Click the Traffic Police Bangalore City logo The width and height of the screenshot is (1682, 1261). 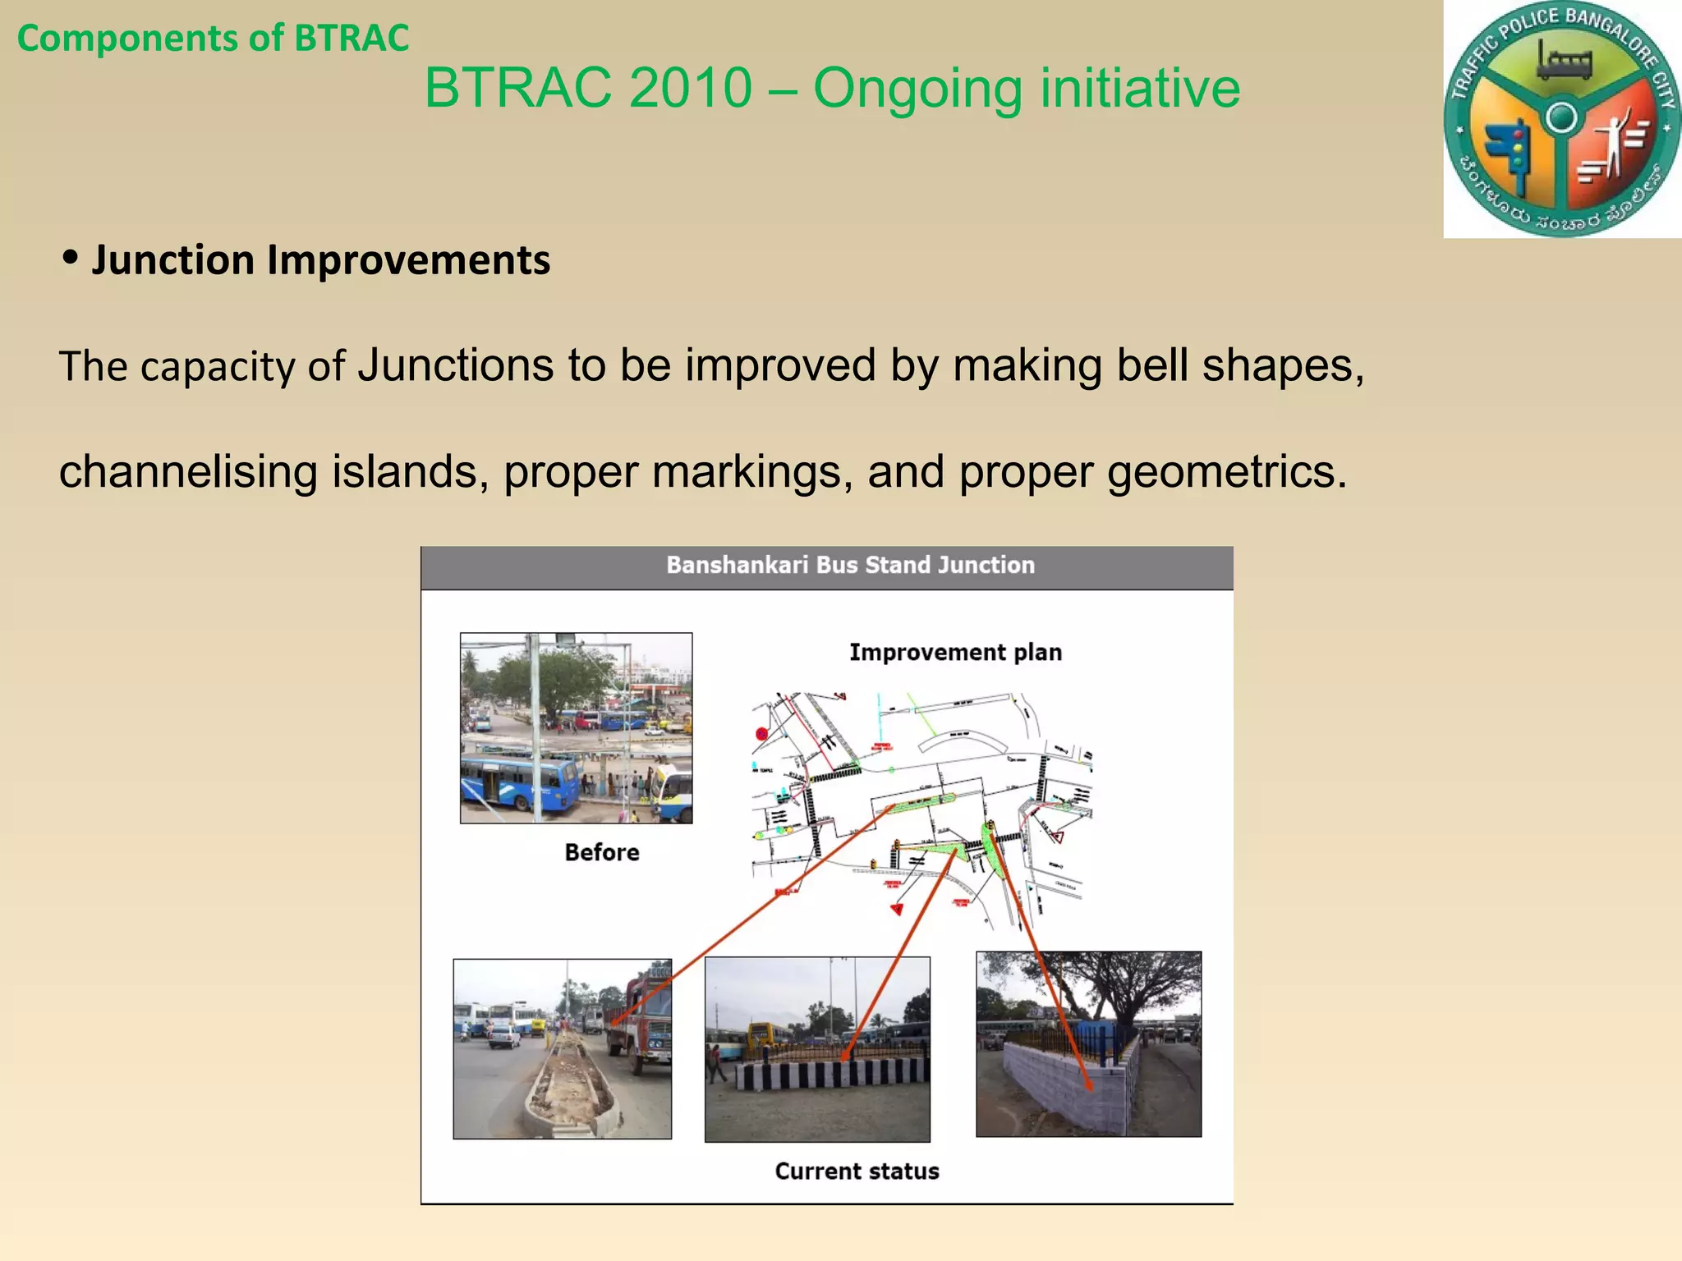coord(1562,119)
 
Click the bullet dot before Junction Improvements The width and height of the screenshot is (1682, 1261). coord(71,258)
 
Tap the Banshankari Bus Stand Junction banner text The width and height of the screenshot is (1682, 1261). coord(850,565)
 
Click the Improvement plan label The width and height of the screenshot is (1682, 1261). coord(955,652)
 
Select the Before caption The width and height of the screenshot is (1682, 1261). coord(601,852)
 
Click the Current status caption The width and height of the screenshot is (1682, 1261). coord(857,1171)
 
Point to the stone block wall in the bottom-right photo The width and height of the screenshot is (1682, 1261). coord(1059,1084)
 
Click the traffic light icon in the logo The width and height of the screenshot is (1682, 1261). coord(1512,152)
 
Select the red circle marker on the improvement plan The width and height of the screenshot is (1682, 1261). coord(761,734)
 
